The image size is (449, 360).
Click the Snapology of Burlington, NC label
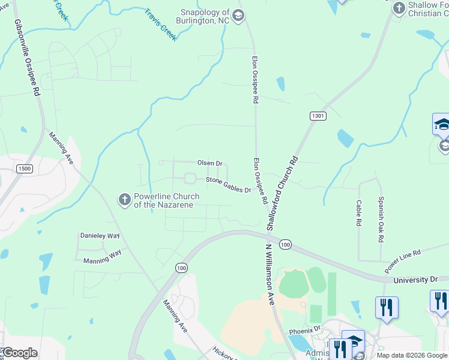tap(206, 16)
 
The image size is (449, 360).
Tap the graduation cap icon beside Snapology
tap(238, 16)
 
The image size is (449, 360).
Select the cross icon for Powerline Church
tap(124, 199)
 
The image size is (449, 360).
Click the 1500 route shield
tap(25, 169)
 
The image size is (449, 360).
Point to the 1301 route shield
tap(318, 115)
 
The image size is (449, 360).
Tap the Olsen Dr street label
tap(210, 163)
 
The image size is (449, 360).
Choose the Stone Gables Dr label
tap(228, 185)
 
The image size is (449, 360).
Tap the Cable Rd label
tap(358, 213)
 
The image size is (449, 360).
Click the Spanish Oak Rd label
tap(381, 218)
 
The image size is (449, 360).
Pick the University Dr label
tap(415, 280)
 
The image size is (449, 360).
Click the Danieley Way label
tap(100, 236)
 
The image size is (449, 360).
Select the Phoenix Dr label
tap(305, 329)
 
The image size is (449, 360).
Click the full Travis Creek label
tap(160, 25)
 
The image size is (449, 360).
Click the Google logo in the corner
tap(19, 353)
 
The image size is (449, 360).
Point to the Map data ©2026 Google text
tap(411, 355)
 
